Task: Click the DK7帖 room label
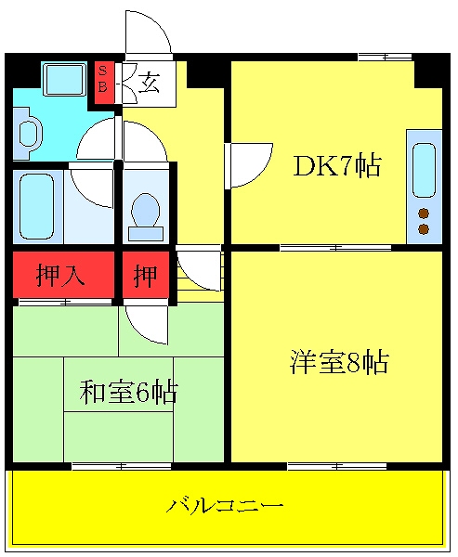336,166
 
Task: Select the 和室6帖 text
127,393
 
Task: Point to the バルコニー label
225,506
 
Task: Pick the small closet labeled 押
145,276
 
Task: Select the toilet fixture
146,213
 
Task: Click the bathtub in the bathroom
35,206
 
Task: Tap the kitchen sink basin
424,170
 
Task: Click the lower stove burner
424,228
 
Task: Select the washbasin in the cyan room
27,131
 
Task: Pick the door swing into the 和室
147,323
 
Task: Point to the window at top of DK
372,57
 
